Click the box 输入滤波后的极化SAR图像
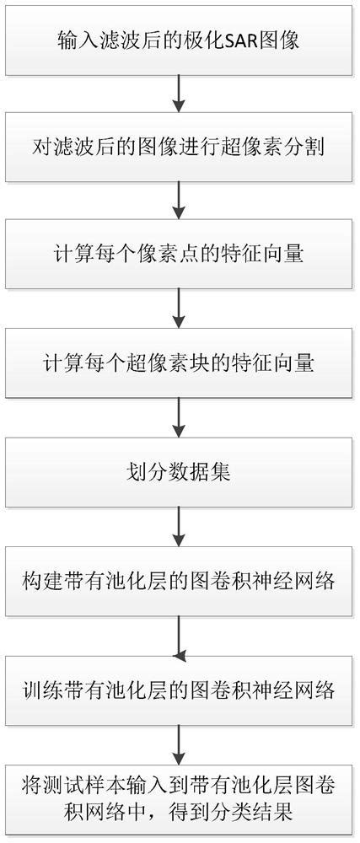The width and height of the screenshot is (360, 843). pyautogui.click(x=179, y=40)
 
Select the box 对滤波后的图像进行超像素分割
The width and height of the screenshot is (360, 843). pyautogui.click(x=179, y=148)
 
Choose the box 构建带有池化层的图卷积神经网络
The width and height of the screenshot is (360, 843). pyautogui.click(x=179, y=582)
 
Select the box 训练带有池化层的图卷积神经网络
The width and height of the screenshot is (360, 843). pyautogui.click(x=179, y=690)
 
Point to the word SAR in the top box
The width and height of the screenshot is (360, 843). pyautogui.click(x=232, y=40)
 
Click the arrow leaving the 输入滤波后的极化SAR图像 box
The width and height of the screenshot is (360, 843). pyautogui.click(x=179, y=94)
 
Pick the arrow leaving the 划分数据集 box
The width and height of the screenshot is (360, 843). pyautogui.click(x=179, y=527)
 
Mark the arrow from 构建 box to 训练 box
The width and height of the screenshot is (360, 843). pyautogui.click(x=179, y=636)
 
